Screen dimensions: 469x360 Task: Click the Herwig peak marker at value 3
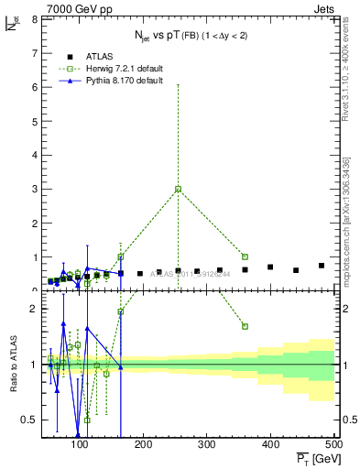(178, 189)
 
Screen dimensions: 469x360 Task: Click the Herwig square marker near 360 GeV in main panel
(245, 256)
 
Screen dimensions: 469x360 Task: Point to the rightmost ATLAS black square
(322, 266)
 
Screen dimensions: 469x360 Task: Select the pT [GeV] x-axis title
(314, 460)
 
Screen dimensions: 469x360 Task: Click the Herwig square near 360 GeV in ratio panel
(245, 326)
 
